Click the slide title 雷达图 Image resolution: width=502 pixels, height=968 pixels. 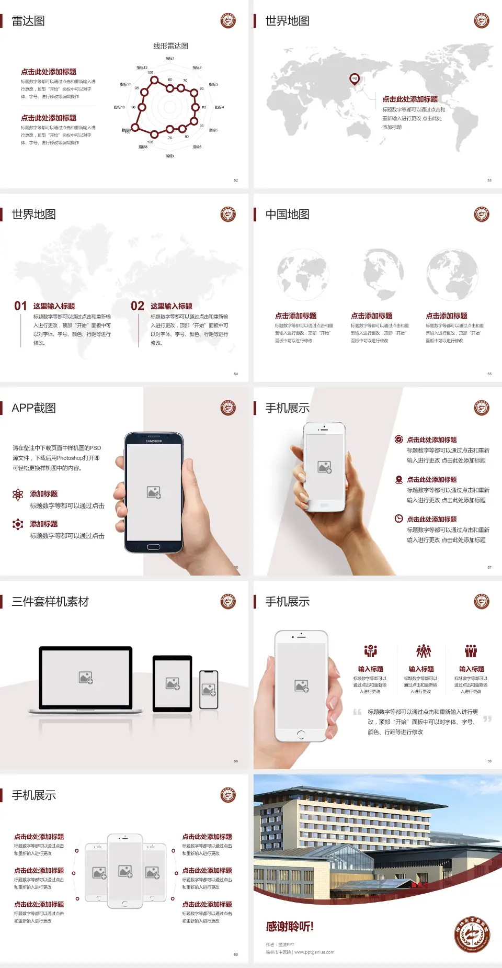pos(28,21)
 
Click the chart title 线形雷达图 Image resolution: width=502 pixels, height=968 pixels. pos(170,46)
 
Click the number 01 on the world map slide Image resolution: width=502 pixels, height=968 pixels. pos(20,306)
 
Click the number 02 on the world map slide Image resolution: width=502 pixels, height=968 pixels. pos(138,306)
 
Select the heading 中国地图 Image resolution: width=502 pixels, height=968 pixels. pos(287,215)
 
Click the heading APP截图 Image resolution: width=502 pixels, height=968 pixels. pos(33,408)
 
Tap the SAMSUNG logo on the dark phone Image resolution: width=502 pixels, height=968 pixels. pos(154,441)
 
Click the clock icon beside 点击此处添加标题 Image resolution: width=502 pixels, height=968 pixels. pos(398,519)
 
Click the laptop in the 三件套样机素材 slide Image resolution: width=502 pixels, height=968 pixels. pos(86,679)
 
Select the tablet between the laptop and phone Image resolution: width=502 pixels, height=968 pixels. pos(173,683)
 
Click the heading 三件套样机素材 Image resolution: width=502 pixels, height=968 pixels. pos(50,602)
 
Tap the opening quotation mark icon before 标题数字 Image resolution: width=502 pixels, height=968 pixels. pos(357,712)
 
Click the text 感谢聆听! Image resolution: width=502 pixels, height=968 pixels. pos(290,927)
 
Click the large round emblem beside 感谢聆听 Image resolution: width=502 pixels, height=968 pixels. pos(472,935)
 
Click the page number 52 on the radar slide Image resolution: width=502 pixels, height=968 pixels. pos(236,180)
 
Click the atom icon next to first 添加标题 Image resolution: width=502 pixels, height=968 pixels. pos(18,494)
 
